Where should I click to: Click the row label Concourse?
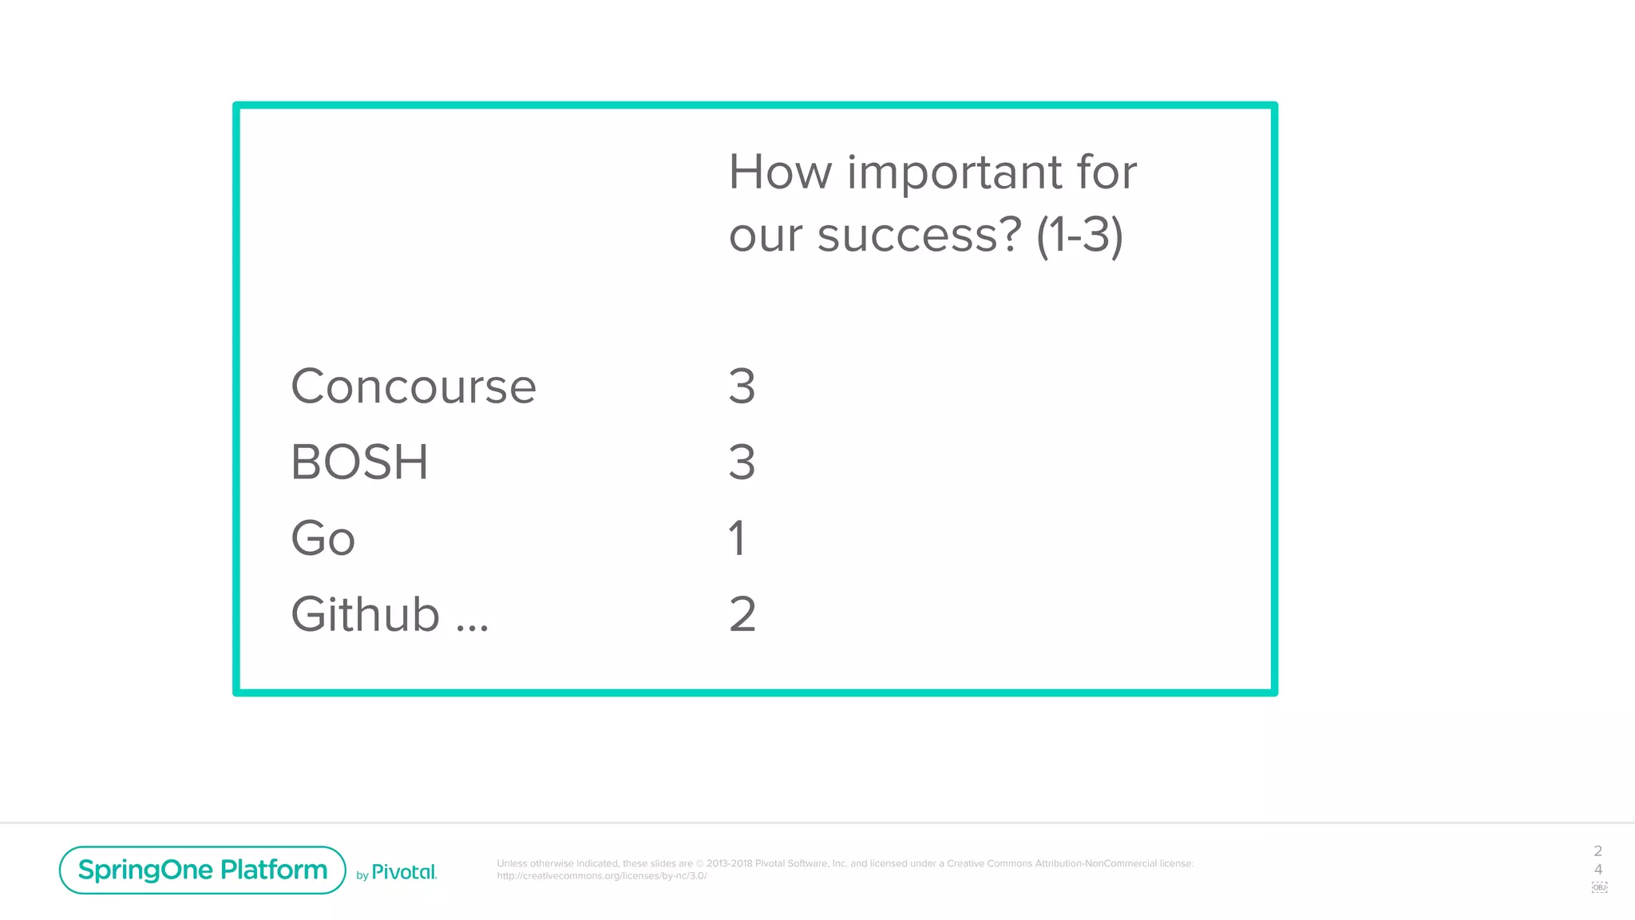[413, 387]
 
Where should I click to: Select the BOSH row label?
[359, 462]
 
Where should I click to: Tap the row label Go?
[323, 538]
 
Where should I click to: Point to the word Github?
[365, 615]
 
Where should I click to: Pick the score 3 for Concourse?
[742, 387]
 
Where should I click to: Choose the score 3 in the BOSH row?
[742, 462]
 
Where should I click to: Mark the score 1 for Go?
[737, 538]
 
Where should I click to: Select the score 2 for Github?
[742, 615]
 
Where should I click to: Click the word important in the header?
[954, 172]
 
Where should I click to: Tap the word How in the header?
[780, 172]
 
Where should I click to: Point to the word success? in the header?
[919, 236]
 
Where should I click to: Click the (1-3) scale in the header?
[1079, 236]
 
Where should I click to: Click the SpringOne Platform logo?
[203, 870]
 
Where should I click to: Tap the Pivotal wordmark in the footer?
[404, 872]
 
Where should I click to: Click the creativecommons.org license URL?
[601, 876]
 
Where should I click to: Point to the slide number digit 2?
[1597, 851]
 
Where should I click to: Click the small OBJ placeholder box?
[1599, 887]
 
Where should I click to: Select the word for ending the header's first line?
[1106, 172]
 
